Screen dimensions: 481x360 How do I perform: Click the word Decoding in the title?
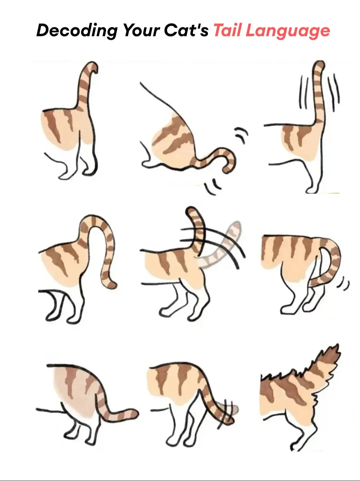(76, 31)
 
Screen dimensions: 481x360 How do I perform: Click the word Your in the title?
(140, 31)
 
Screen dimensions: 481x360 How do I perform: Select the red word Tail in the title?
(227, 31)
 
